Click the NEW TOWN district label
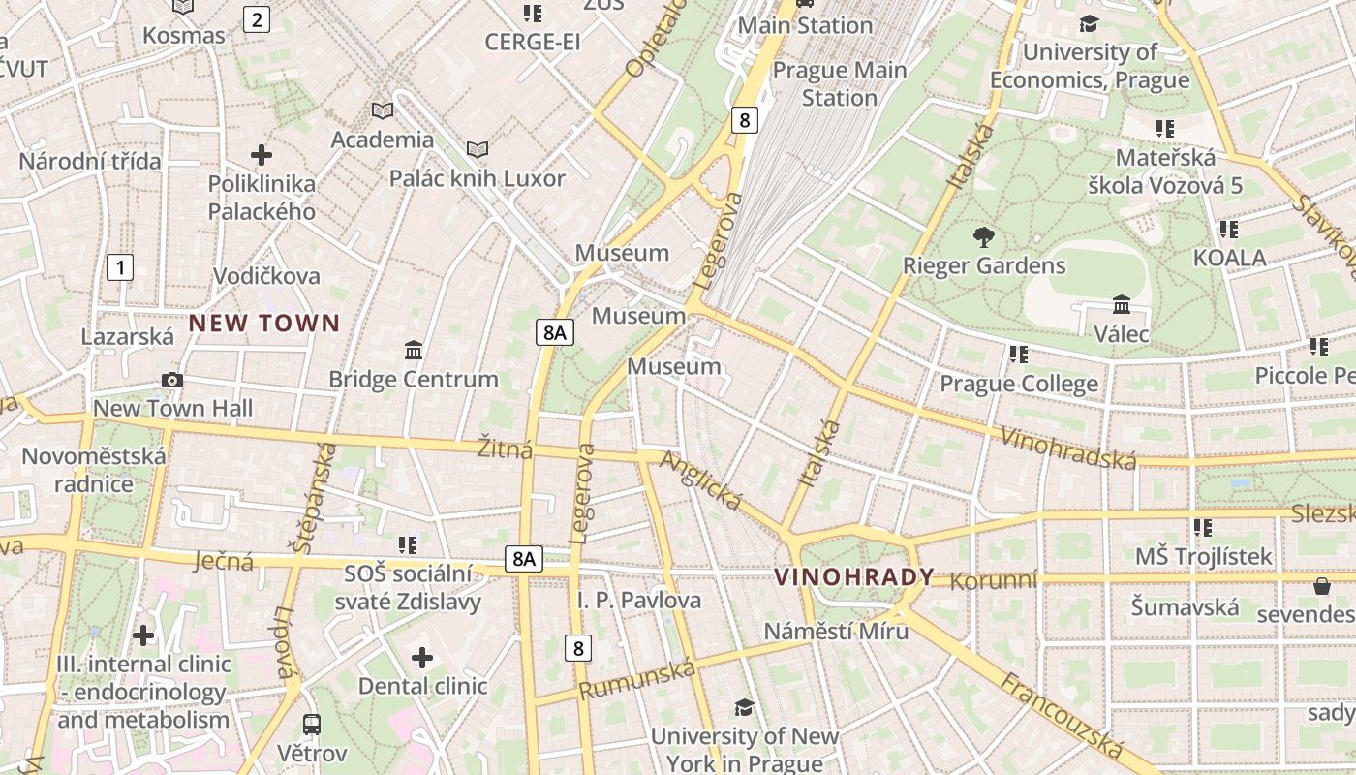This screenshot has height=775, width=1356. [264, 324]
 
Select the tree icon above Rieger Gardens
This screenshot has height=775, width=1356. [983, 236]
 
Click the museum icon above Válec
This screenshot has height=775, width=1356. [1122, 305]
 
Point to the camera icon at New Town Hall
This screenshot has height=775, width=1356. [172, 380]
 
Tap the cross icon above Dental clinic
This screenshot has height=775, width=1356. [422, 658]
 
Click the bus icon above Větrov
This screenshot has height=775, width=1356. [312, 724]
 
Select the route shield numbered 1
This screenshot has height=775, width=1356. [120, 267]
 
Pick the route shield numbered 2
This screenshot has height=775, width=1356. [256, 19]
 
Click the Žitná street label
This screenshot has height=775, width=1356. [506, 449]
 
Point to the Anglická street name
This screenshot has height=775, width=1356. [700, 480]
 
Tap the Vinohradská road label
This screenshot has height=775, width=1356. [1068, 449]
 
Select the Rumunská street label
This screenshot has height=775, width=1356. [637, 680]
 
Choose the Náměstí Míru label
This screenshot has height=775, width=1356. [837, 632]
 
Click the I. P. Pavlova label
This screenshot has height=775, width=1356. [639, 601]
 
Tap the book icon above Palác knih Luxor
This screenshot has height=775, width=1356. [478, 149]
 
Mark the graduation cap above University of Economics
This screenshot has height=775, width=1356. [1090, 23]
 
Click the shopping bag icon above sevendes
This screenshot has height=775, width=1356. [1321, 586]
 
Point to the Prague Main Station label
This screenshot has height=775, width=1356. [840, 83]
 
